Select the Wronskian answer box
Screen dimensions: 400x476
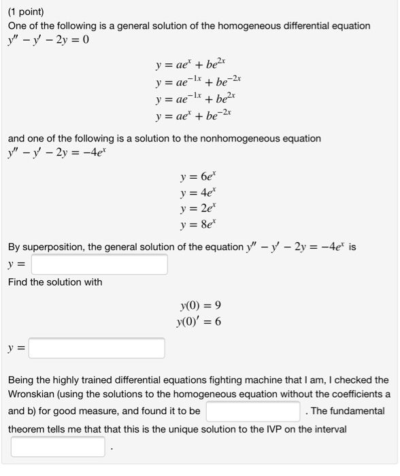point(253,411)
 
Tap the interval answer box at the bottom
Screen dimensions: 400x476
point(57,447)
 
